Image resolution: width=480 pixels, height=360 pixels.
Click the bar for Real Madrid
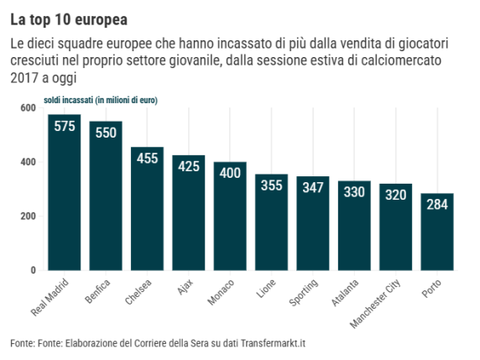click(65, 192)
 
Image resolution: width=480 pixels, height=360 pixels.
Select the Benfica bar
click(106, 196)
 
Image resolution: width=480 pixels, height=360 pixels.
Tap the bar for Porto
click(437, 232)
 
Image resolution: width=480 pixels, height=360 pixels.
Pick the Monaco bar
click(230, 217)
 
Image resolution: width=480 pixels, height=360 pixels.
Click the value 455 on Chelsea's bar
click(147, 159)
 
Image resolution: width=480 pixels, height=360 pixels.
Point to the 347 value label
click(313, 188)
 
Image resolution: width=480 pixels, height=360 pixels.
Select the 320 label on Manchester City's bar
click(396, 195)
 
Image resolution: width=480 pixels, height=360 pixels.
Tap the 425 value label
click(189, 166)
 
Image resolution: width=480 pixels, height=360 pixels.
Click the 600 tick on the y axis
click(29, 107)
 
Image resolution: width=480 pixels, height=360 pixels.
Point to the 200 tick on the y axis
click(29, 217)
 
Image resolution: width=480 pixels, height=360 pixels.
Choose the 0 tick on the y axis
click(33, 270)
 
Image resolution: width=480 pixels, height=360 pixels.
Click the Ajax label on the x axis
click(185, 287)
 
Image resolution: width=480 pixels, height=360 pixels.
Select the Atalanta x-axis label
click(345, 293)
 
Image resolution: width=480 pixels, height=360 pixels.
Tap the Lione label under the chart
click(266, 289)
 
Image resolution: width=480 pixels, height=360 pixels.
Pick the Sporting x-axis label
click(304, 292)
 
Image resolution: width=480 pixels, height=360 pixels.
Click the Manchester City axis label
click(375, 304)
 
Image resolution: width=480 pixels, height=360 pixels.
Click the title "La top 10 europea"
click(69, 20)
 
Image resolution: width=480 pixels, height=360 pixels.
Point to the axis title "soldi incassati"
click(68, 100)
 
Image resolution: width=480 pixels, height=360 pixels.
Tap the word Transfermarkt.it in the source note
click(273, 343)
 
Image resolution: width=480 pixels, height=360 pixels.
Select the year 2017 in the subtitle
click(24, 78)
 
